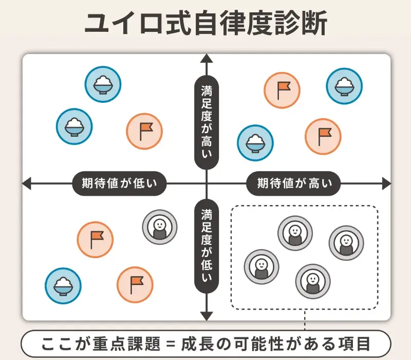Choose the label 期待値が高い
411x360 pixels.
coord(294,183)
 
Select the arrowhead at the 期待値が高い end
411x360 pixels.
coord(386,183)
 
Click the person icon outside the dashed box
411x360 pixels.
coord(160,227)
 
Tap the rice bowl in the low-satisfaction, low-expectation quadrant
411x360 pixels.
coord(63,285)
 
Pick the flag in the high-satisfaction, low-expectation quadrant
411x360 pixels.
coord(144,131)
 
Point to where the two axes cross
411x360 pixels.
coord(206,183)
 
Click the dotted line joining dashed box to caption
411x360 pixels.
coord(305,320)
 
